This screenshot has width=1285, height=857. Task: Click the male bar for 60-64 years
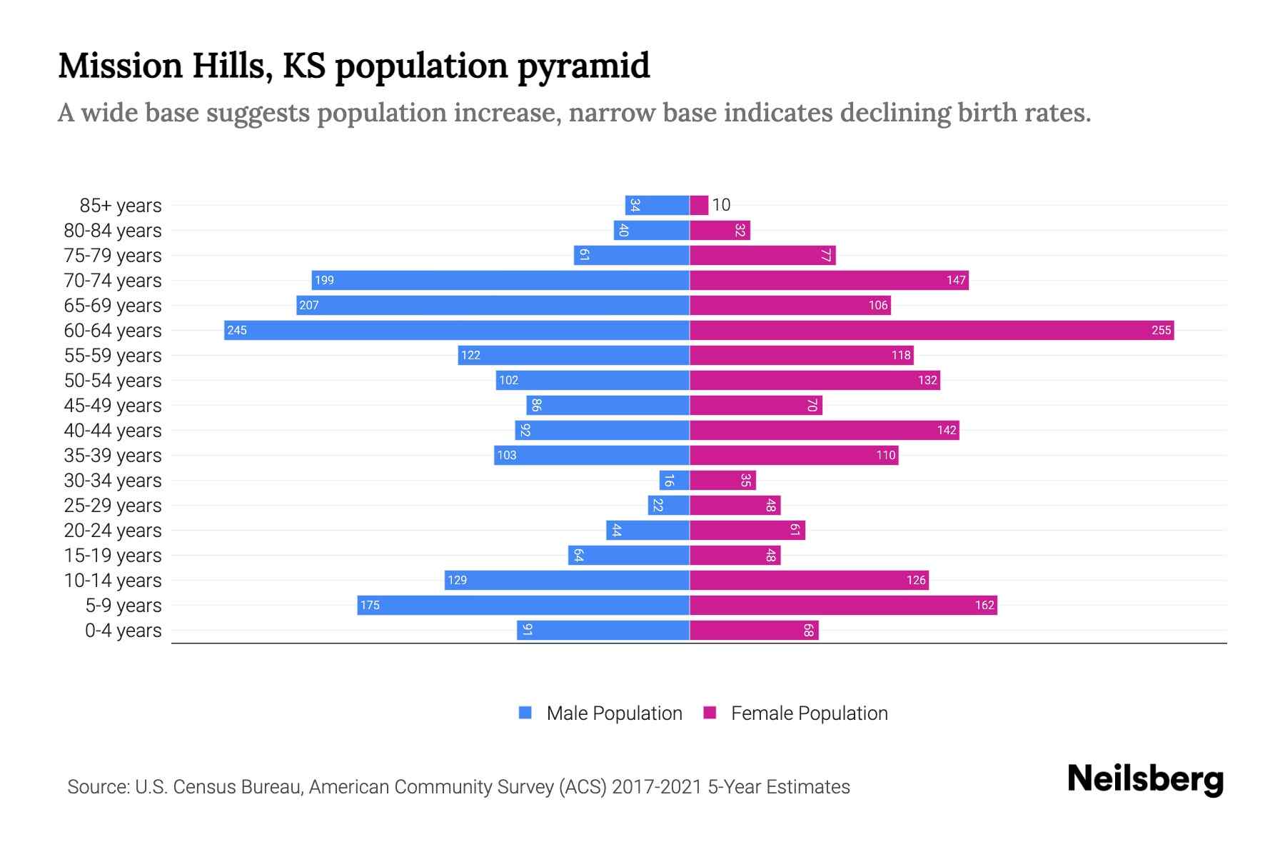pos(457,330)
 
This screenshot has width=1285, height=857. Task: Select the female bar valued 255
pos(932,330)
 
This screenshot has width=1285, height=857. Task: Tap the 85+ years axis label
pos(120,206)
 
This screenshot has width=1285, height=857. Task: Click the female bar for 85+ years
pos(699,206)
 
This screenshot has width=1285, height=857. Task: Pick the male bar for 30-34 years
pos(675,480)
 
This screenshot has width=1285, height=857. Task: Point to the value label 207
pos(309,306)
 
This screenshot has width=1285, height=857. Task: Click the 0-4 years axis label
pos(123,631)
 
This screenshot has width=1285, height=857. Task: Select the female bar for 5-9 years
pos(843,606)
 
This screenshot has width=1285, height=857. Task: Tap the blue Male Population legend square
pos(525,713)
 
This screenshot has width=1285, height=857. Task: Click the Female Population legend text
pos(809,713)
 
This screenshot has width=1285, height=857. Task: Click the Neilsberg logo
pos(1145,779)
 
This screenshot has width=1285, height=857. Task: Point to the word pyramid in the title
pos(583,66)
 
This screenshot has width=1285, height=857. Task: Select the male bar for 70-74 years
pos(500,280)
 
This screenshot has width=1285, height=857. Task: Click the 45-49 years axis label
pos(113,406)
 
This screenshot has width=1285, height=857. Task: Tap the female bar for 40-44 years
pos(825,430)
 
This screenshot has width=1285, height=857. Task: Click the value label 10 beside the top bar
pos(721,205)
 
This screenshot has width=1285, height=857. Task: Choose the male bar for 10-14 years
pos(567,580)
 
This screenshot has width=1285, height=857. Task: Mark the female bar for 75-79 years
pos(762,256)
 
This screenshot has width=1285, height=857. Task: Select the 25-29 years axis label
pos(113,506)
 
